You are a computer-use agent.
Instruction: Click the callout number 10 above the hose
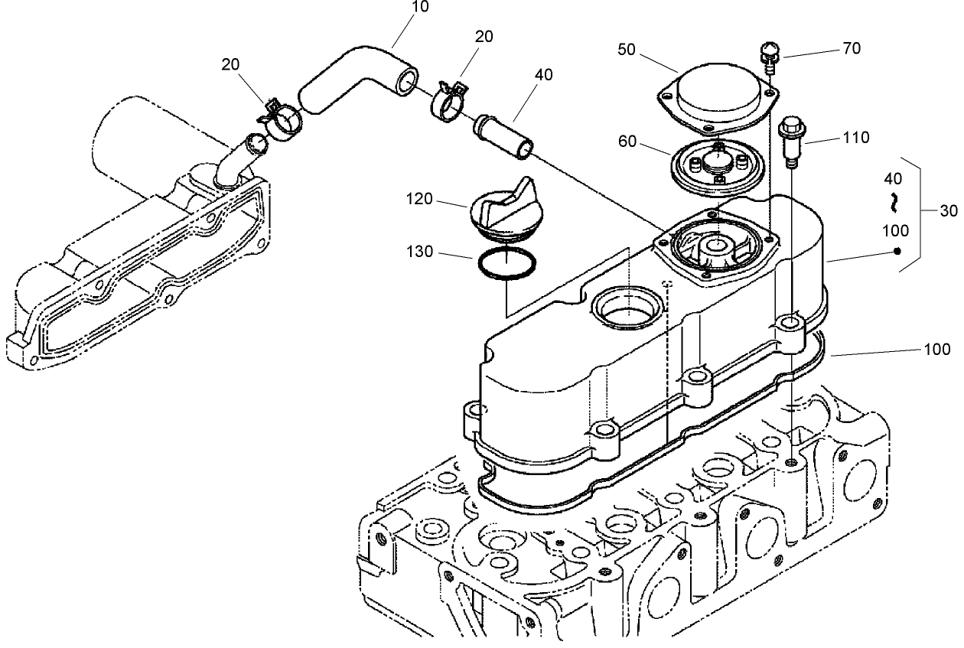coord(420,7)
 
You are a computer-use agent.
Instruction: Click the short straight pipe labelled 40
coord(504,135)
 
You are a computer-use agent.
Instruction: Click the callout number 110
coord(855,138)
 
